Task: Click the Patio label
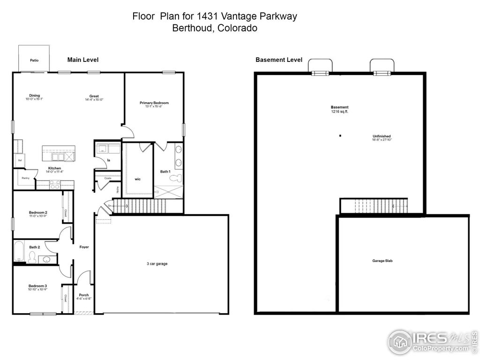pyautogui.click(x=34, y=60)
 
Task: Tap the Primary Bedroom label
pyautogui.click(x=154, y=103)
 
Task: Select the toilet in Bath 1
pyautogui.click(x=175, y=179)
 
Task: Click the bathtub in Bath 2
pyautogui.click(x=19, y=252)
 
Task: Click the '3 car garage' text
pyautogui.click(x=157, y=263)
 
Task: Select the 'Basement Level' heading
pyautogui.click(x=278, y=60)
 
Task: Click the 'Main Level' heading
pyautogui.click(x=82, y=60)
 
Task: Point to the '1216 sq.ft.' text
pyautogui.click(x=339, y=112)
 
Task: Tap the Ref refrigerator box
pyautogui.click(x=20, y=160)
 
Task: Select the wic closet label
pyautogui.click(x=137, y=179)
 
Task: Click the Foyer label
pyautogui.click(x=84, y=247)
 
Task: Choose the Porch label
pyautogui.click(x=83, y=295)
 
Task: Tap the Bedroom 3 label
pyautogui.click(x=37, y=285)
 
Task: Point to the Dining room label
pyautogui.click(x=34, y=96)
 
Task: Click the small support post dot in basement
pyautogui.click(x=340, y=135)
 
